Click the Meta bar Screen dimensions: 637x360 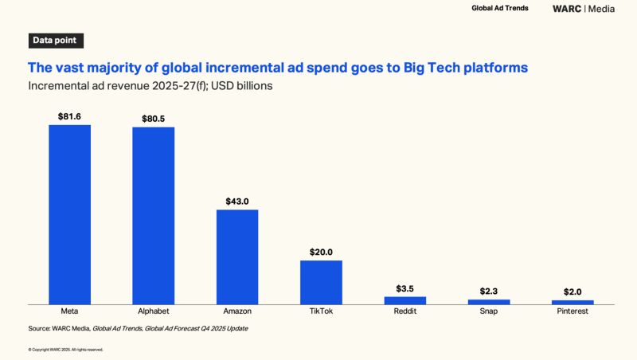pos(69,214)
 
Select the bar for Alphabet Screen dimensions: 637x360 pos(153,216)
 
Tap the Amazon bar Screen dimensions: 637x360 pos(237,257)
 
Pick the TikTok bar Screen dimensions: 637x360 pos(321,283)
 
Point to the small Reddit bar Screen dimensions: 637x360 pos(405,301)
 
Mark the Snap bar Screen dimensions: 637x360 pos(489,302)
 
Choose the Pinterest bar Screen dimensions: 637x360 pos(573,303)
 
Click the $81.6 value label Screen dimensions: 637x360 pos(69,116)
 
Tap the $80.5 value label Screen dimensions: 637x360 pos(153,119)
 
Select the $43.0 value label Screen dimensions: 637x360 pos(237,202)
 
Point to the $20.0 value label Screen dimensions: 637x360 pos(321,252)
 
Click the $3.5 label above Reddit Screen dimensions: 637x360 pos(405,289)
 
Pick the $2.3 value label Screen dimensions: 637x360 pos(489,292)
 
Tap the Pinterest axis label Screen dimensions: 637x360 pos(573,311)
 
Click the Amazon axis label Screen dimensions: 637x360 pos(237,311)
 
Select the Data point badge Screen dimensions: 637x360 pos(56,41)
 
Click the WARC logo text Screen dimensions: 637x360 pos(567,9)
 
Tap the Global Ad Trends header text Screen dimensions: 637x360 pos(500,8)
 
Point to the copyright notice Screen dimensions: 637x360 pos(66,350)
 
